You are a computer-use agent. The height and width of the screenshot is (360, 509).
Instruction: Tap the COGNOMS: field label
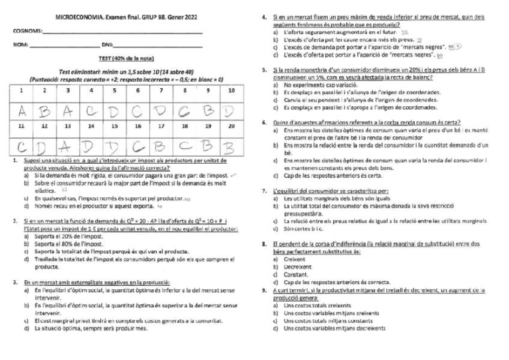(x=27, y=31)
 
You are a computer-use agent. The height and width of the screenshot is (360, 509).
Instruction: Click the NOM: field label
(x=20, y=45)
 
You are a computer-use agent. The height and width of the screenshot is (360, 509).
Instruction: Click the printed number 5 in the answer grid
(x=114, y=91)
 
